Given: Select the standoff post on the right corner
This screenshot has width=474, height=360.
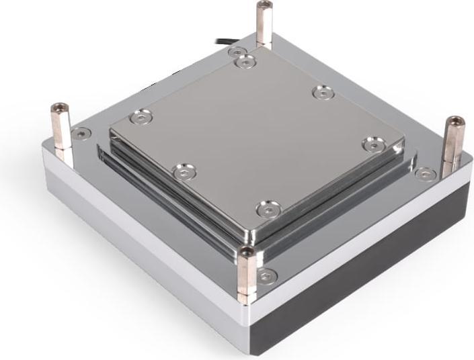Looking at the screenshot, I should [452, 144].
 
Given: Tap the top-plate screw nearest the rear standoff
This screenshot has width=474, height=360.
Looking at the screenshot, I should [245, 62].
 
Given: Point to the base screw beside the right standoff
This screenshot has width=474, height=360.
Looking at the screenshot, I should [425, 174].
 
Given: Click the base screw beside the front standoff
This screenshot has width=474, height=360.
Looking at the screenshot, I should [268, 275].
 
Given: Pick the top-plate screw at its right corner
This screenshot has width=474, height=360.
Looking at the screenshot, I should [372, 143].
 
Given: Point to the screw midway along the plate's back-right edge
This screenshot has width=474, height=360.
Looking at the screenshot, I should [323, 93].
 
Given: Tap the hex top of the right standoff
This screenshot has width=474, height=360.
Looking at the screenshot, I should [456, 122].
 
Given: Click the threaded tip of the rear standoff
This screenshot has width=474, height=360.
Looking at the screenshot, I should [262, 5].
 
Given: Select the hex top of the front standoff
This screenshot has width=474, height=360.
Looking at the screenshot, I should [247, 252].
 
